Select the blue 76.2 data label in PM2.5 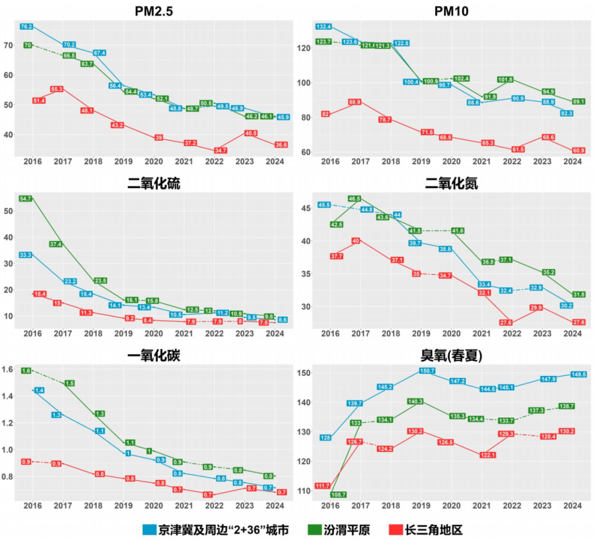[x=26, y=26]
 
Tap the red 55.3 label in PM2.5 [x=57, y=89]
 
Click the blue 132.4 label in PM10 [x=323, y=26]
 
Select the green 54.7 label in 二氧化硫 [x=25, y=198]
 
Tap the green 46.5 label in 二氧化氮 [x=354, y=198]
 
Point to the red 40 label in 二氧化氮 [x=355, y=241]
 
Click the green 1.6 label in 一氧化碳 [x=25, y=371]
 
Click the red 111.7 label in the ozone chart [x=322, y=486]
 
